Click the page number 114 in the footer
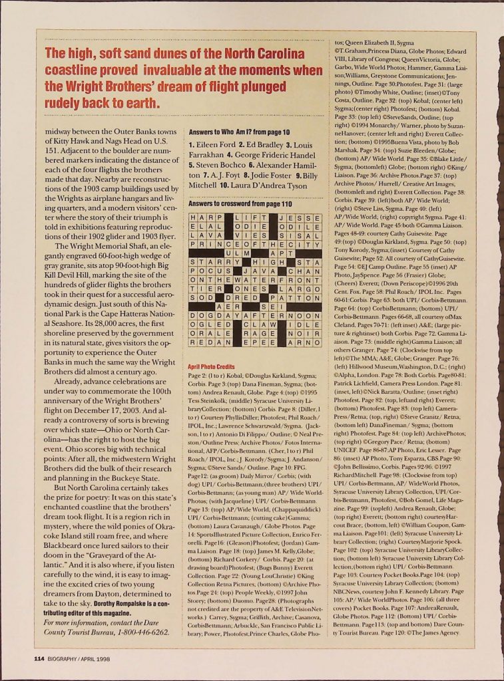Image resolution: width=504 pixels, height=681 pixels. pos(39,658)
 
